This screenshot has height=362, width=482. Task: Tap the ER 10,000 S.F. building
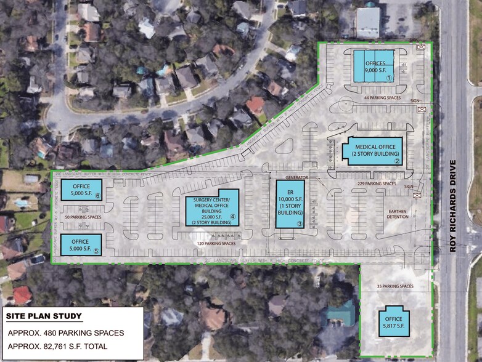pos(290,204)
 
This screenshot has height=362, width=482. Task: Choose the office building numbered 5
pos(81,244)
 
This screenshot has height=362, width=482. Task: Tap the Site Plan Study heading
pos(44,316)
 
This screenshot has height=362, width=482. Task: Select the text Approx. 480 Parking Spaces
pos(66,333)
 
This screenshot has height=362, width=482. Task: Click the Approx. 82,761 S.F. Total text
pos(58,347)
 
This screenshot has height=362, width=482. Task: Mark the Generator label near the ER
pos(296,177)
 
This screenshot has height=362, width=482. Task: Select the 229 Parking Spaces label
pos(376,183)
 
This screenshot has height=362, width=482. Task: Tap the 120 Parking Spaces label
pos(216,244)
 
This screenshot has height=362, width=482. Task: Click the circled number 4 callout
pos(233,217)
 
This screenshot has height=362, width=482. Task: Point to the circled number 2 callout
pos(398,161)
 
